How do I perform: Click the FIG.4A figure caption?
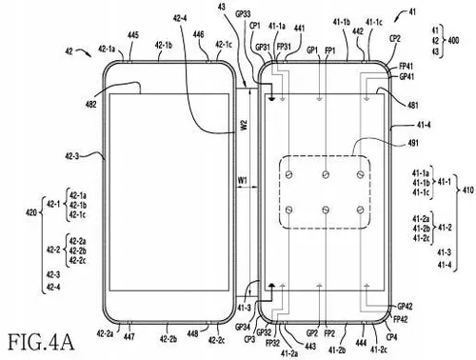pyautogui.click(x=40, y=340)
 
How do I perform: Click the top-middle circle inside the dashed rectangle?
pyautogui.click(x=326, y=173)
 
